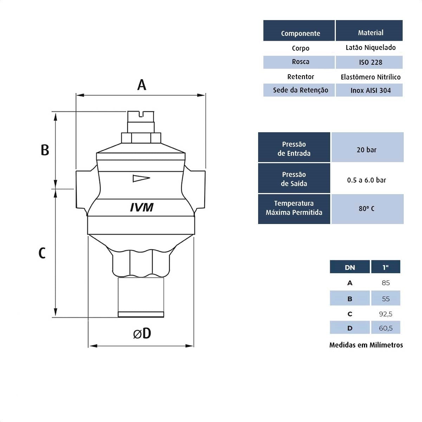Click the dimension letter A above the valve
pos(141,85)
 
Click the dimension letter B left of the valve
pos(45,150)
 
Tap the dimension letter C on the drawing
pos(42,253)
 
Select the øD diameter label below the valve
pos(142,333)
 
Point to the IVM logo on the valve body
pos(142,207)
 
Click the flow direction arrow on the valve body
pos(141,179)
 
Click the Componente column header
pos(300,33)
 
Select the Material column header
pos(370,33)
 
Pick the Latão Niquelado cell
pos(370,47)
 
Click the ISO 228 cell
pos(370,62)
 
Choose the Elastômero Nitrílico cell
pos(370,77)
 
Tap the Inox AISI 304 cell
pos(370,90)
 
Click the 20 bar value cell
pos(366,150)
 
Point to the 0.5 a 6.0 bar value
pos(366,180)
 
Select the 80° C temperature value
pos(366,209)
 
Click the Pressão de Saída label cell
pos(294,179)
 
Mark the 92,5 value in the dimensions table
pos(385,314)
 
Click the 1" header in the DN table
pos(385,267)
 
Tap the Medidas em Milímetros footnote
pos(366,345)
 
